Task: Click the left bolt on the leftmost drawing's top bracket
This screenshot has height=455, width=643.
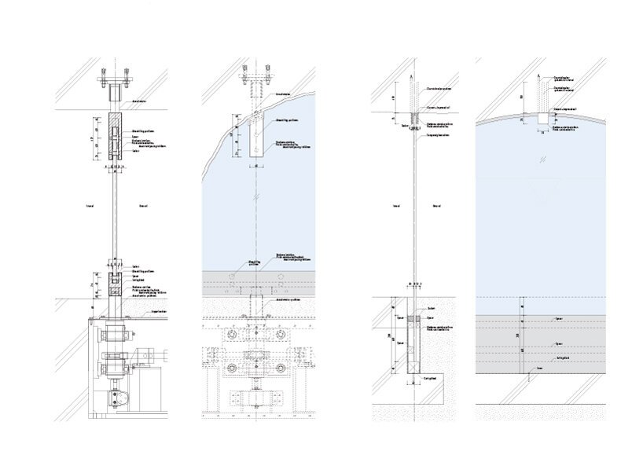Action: click(104, 79)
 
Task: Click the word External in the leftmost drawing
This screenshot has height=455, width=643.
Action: click(143, 206)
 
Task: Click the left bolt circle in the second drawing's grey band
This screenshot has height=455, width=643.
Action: click(231, 277)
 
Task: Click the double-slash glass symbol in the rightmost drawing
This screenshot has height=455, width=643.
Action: click(542, 160)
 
